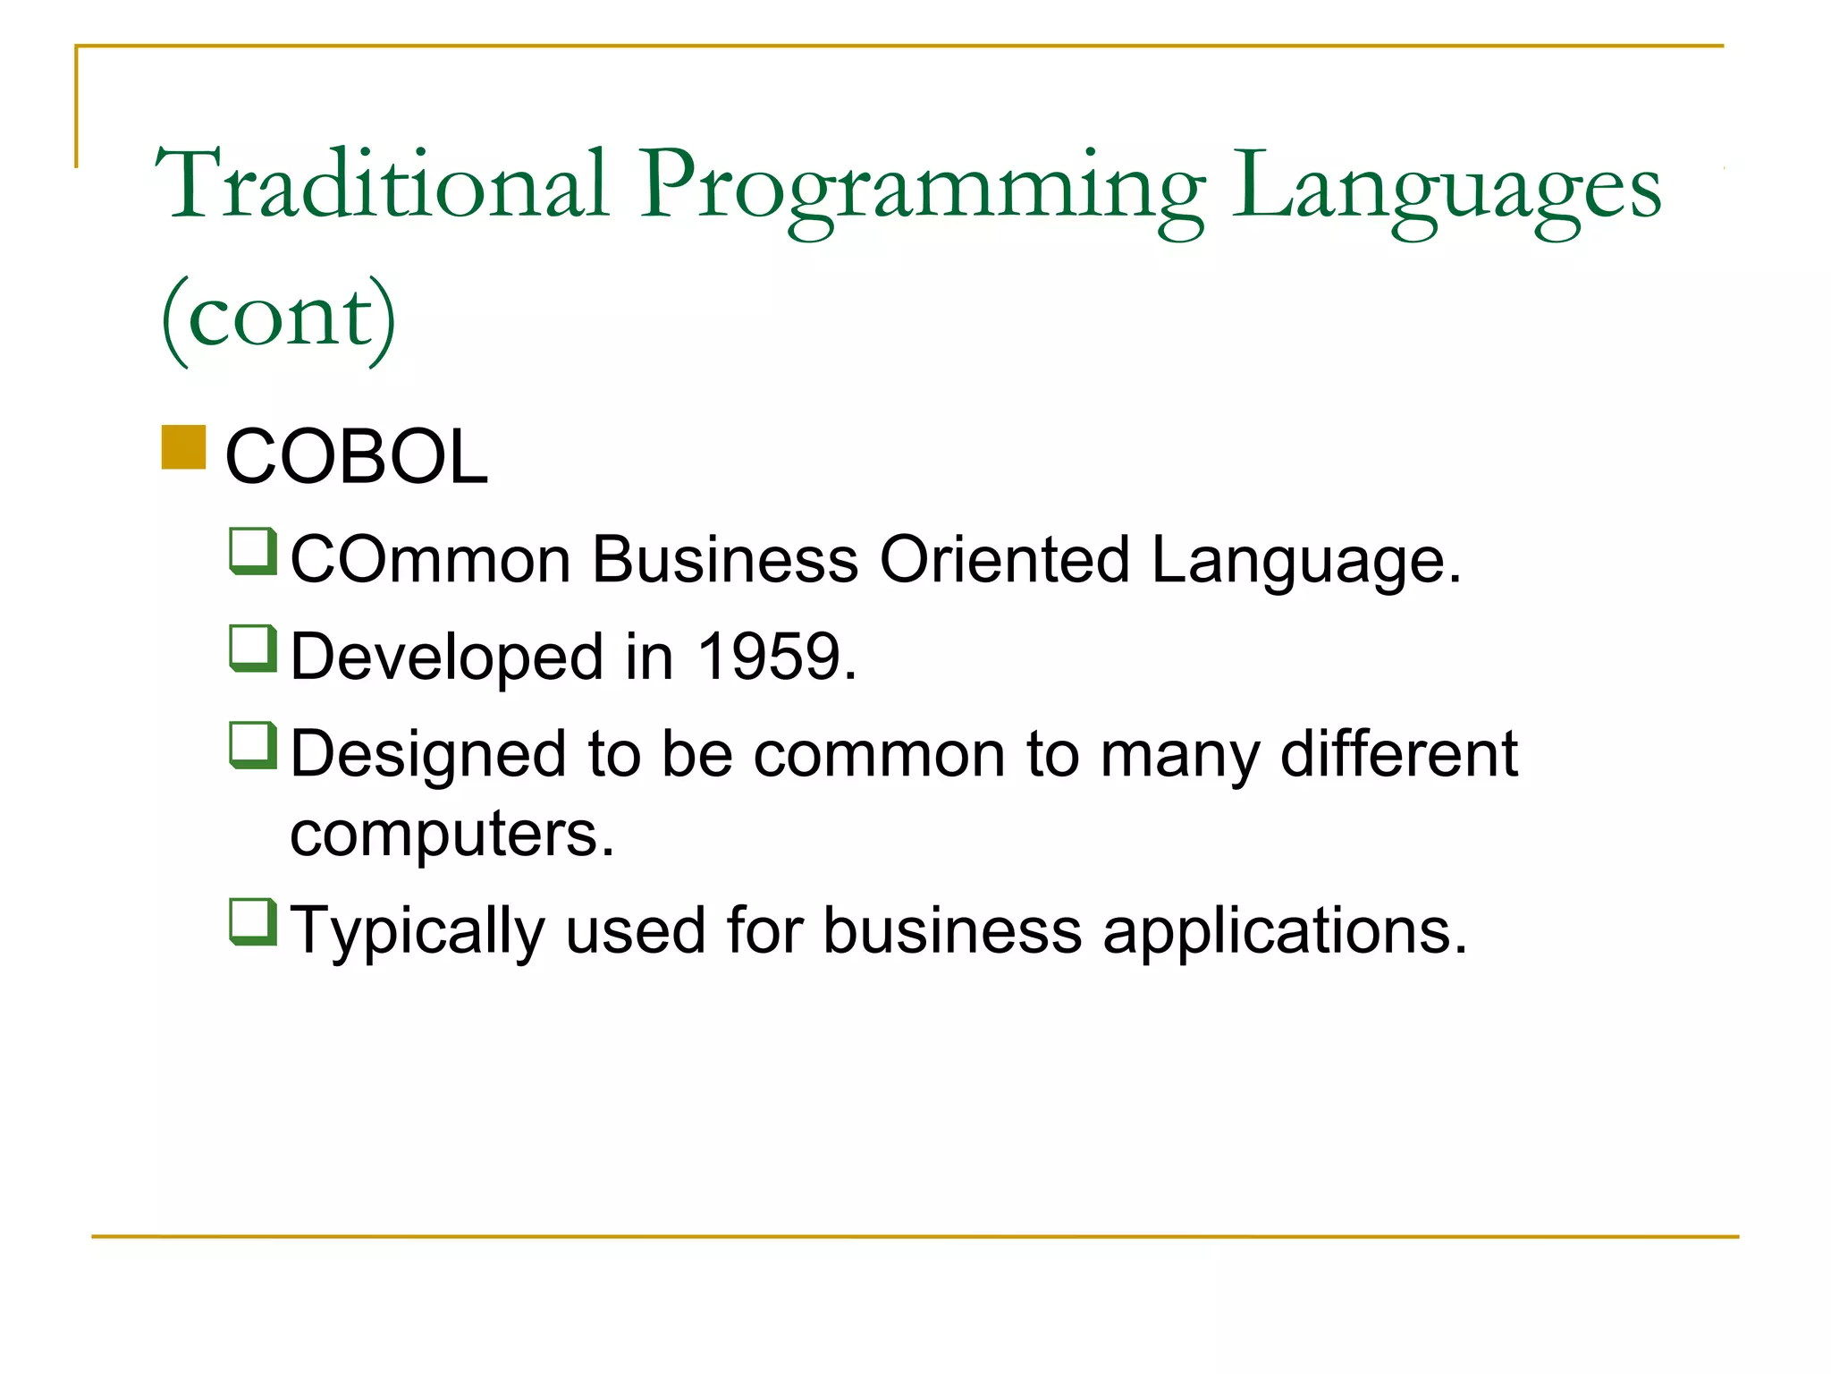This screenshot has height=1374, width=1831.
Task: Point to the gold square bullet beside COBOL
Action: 184,447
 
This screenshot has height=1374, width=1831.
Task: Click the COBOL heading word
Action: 357,457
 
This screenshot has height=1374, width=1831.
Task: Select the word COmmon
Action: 430,560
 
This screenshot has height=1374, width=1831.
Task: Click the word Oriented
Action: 1005,560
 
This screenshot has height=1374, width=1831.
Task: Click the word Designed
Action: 428,754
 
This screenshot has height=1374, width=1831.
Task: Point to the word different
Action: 1398,753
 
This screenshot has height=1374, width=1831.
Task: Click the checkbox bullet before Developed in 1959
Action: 253,648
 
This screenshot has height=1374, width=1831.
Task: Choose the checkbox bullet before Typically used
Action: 253,921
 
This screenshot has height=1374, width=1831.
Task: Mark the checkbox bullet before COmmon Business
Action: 253,551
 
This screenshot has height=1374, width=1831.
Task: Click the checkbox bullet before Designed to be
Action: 253,745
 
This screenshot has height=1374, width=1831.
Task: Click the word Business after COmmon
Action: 725,560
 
